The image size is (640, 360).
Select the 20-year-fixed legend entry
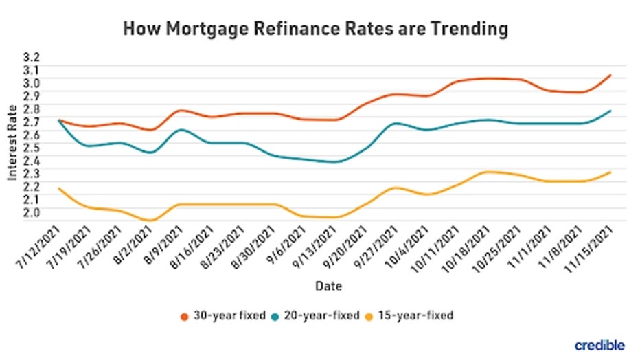322,315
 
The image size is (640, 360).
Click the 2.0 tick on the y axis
32,212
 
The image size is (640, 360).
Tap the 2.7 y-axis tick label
32,122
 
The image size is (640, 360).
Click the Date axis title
329,284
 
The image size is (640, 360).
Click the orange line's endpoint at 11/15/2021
610,75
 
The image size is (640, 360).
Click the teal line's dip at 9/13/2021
335,162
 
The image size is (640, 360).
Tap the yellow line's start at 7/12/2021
60,188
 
